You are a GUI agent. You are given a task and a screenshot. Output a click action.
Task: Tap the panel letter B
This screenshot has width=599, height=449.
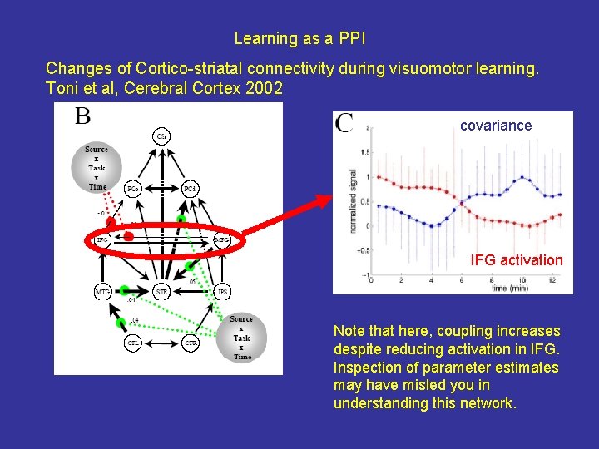(x=82, y=116)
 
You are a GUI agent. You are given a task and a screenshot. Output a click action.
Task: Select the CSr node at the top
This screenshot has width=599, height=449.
(x=162, y=136)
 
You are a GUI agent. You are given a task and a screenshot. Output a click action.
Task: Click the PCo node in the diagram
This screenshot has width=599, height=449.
(x=131, y=189)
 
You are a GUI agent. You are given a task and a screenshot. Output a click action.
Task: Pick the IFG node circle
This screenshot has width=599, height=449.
(x=102, y=240)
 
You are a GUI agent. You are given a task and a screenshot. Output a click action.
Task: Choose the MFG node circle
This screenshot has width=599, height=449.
(x=222, y=240)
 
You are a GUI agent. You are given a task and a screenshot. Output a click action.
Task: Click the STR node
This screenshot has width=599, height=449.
(x=162, y=292)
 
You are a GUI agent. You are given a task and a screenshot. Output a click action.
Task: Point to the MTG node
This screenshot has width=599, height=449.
(x=102, y=292)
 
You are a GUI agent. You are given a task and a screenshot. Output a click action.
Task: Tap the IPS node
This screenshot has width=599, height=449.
(x=222, y=292)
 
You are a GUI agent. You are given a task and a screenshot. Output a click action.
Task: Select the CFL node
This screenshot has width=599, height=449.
(x=132, y=343)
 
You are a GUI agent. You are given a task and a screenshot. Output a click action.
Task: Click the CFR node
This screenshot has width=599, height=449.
(x=192, y=343)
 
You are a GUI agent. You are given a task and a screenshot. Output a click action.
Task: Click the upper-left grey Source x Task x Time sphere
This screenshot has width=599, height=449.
(x=97, y=169)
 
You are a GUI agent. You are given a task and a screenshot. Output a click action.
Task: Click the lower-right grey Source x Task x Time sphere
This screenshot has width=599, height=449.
(x=241, y=338)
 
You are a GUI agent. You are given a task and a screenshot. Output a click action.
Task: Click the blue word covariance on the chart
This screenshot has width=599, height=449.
(x=496, y=126)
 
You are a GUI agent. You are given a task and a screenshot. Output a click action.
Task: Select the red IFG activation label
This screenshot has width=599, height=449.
(x=517, y=260)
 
